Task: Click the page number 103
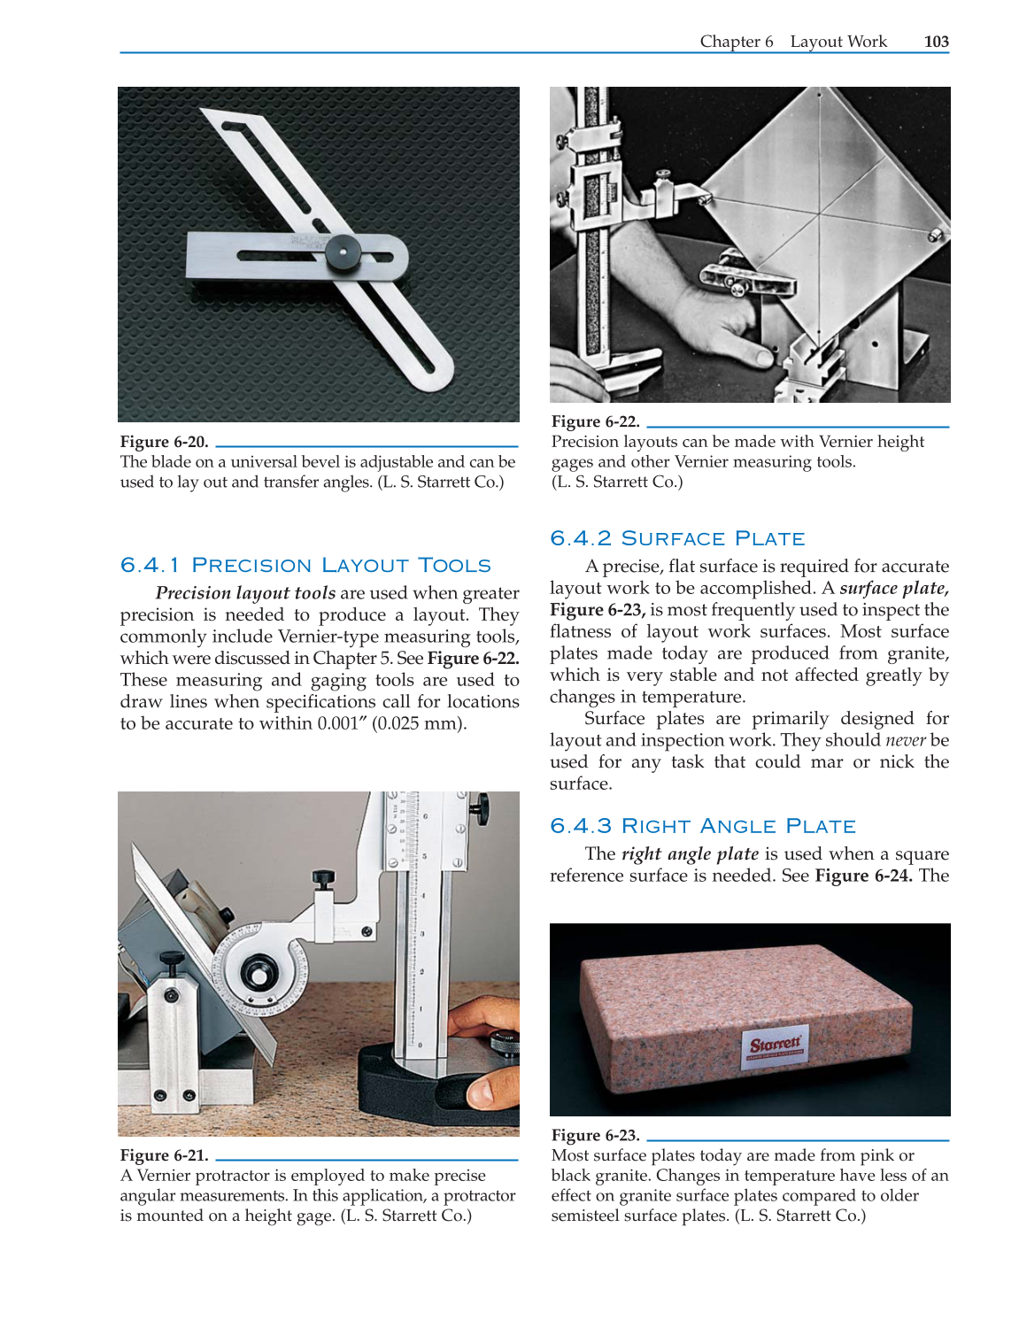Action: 936,42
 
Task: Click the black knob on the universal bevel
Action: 342,252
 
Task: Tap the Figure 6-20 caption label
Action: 165,442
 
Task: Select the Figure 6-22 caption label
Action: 595,421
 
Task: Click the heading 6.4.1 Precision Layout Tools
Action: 305,565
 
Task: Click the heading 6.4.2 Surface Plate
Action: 677,538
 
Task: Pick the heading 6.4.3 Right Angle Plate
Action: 703,826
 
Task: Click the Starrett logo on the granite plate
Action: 776,1044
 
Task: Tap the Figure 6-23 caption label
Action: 595,1135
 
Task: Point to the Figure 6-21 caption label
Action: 165,1155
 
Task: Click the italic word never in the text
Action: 905,740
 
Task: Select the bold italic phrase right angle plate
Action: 690,854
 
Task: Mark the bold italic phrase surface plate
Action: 893,589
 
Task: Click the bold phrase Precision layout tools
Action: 245,593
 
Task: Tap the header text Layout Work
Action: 838,42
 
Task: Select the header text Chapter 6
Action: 736,42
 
